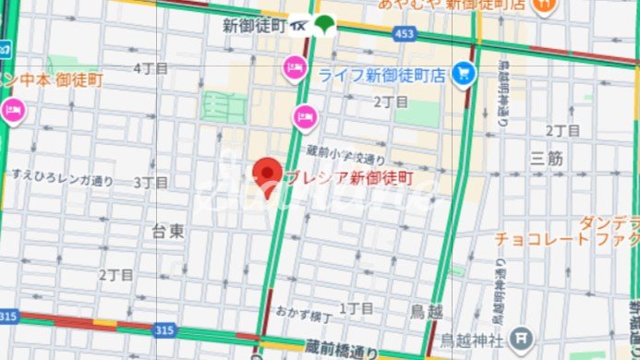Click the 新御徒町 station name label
coord(253,27)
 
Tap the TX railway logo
coord(300,26)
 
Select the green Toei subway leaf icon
coord(323,25)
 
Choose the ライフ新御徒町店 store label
coord(381,75)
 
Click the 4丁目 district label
coord(151,68)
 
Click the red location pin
coord(268,175)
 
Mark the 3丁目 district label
coord(150,182)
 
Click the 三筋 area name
coord(547,159)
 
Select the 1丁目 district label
coord(356,307)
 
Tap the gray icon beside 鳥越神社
coord(522,338)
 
